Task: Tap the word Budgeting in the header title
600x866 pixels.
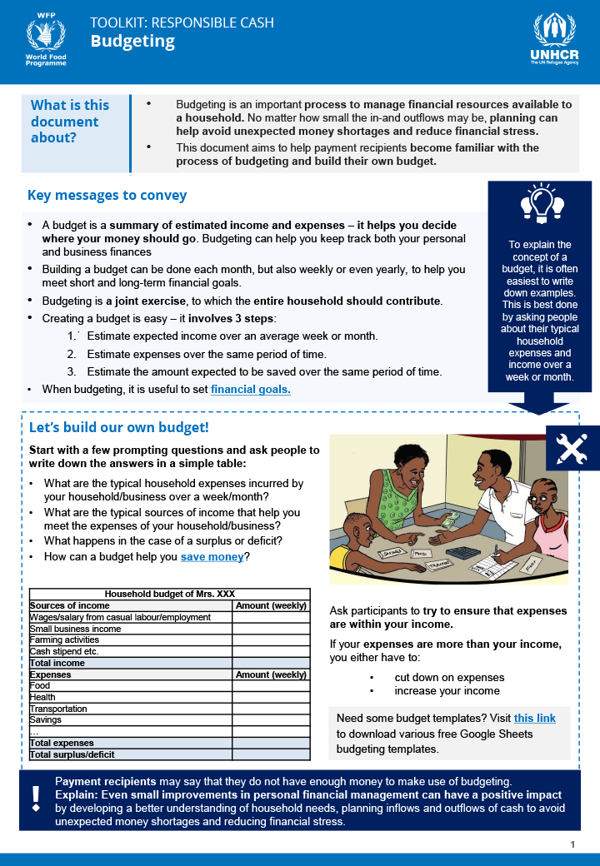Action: tap(132, 41)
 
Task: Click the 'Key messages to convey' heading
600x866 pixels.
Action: tap(107, 196)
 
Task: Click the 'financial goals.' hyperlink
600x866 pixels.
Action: tap(251, 389)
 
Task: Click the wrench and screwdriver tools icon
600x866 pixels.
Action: tap(572, 448)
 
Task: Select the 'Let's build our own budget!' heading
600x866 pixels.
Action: tap(118, 428)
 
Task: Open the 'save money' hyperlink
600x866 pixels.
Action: tap(212, 557)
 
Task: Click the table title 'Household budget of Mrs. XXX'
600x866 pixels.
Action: tap(170, 594)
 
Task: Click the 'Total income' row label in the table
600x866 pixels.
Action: tap(57, 663)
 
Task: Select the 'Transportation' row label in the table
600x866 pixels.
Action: tap(60, 709)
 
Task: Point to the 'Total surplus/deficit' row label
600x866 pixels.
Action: tap(72, 754)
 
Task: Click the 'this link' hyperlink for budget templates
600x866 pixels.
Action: tap(534, 718)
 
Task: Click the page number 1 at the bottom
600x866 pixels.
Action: tap(572, 845)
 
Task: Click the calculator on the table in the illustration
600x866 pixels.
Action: tap(462, 552)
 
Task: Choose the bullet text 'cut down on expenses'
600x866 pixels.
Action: tap(449, 677)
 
